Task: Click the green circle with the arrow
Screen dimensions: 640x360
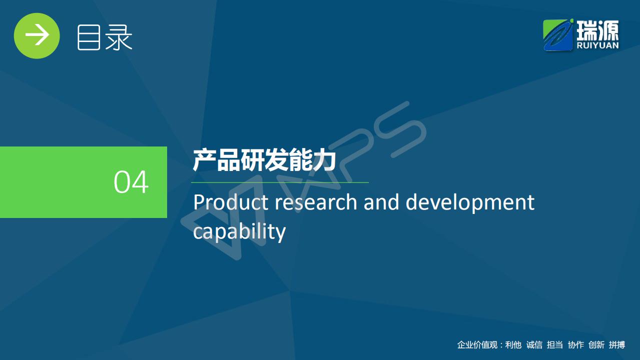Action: tap(37, 35)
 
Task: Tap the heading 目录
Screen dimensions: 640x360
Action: tap(105, 37)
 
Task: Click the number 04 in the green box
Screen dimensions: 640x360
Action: tap(131, 182)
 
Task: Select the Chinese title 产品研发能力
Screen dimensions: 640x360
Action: tap(264, 160)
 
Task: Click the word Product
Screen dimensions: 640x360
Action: tap(231, 202)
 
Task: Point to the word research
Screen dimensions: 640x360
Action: tap(316, 202)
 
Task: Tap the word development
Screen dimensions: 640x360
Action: tap(470, 202)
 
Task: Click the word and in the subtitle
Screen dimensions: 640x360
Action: tap(381, 202)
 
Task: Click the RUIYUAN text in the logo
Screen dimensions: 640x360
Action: tap(597, 45)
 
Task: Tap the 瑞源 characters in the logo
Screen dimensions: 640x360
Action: tap(597, 30)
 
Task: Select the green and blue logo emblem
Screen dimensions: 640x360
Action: tap(558, 35)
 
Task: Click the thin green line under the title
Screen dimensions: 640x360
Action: tap(280, 182)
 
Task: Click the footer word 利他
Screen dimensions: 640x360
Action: tap(513, 345)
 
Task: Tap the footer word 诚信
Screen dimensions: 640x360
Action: tap(534, 345)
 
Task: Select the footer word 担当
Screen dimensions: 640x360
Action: tap(555, 345)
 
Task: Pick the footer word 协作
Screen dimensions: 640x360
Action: tap(576, 345)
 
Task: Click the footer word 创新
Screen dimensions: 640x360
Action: tap(596, 345)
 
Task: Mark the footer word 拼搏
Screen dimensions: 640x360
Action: tap(617, 345)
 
